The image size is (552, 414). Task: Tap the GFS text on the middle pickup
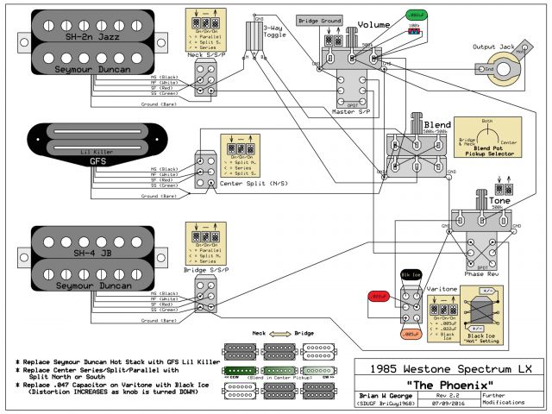coord(97,160)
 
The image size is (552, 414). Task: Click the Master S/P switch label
coord(351,111)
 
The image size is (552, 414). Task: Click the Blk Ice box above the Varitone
coord(411,275)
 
